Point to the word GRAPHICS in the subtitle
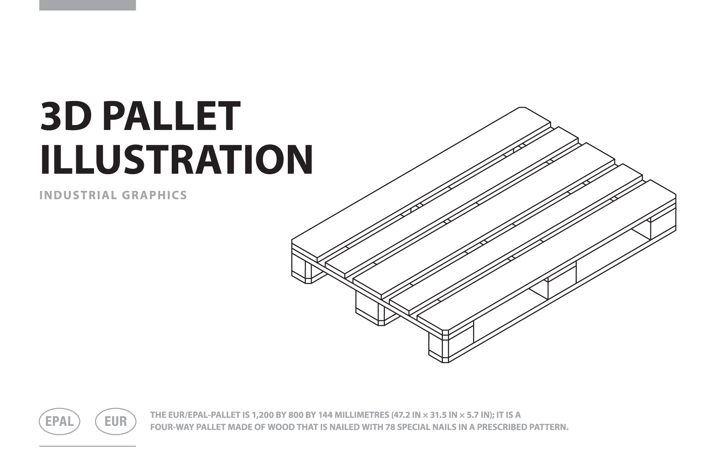[x=155, y=195]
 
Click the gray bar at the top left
[x=87, y=5]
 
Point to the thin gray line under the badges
[x=87, y=446]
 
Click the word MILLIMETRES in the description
[x=362, y=415]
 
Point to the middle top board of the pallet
[x=484, y=221]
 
